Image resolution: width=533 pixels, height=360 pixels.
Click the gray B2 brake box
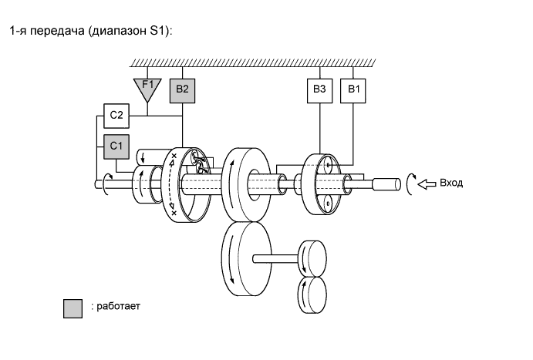tap(181, 90)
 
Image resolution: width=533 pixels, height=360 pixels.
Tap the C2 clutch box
tap(116, 116)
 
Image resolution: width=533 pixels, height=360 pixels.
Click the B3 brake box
tap(319, 90)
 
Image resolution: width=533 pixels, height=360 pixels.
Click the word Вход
tap(450, 183)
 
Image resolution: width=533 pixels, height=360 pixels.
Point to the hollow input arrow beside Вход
tap(426, 184)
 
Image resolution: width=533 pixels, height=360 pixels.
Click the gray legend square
tap(73, 308)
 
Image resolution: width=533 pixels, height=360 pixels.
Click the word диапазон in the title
tap(117, 32)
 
